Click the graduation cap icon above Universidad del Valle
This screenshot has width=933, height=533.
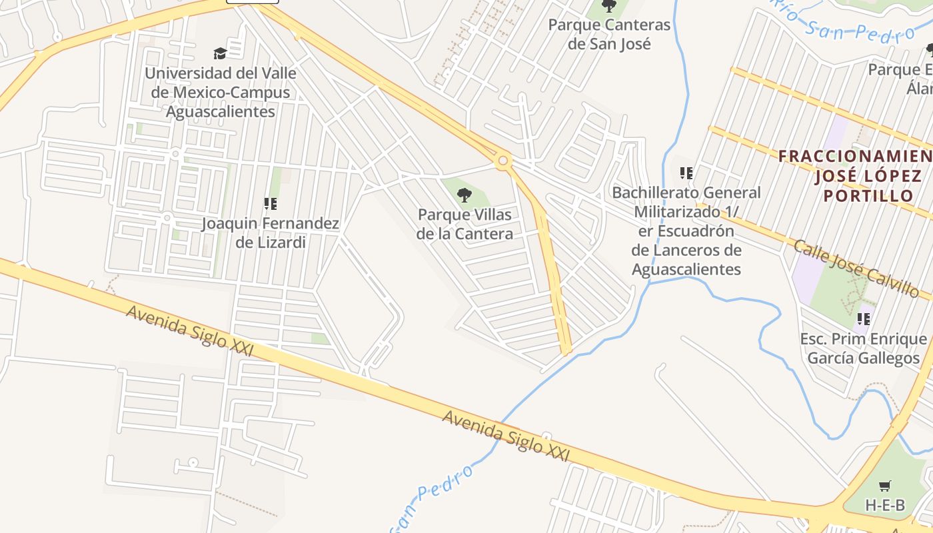click(x=220, y=53)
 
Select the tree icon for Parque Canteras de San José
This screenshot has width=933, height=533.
click(x=609, y=6)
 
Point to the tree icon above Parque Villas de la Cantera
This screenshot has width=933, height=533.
click(x=465, y=195)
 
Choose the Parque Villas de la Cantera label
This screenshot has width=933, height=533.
click(x=465, y=224)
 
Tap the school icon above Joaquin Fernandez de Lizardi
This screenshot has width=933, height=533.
click(x=270, y=204)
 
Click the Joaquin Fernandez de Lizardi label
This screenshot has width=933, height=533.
click(x=271, y=233)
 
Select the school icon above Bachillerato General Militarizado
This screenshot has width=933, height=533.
click(x=686, y=173)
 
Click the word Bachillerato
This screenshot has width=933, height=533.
click(x=656, y=193)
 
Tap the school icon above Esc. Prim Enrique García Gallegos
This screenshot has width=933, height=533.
click(x=864, y=319)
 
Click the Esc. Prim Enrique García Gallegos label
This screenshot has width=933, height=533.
click(x=863, y=348)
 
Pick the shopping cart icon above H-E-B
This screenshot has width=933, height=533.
click(x=884, y=486)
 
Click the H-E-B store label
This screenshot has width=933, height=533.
click(x=885, y=505)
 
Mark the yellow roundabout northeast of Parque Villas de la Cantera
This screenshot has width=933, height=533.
click(x=502, y=161)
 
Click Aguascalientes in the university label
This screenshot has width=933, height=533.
click(x=220, y=111)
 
